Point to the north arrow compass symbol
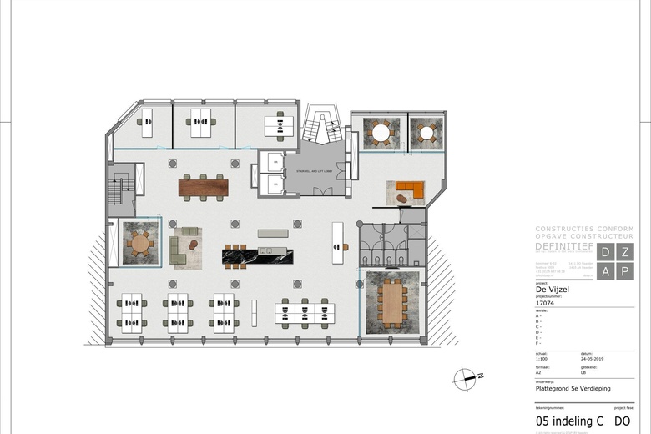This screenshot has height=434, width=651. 464,380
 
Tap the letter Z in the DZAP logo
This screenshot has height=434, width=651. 624,251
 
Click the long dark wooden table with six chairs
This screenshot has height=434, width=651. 203,188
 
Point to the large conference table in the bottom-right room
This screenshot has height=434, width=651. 390,302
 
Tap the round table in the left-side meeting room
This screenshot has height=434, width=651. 140,244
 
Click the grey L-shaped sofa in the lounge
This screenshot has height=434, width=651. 179,247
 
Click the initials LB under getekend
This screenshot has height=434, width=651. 584,373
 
